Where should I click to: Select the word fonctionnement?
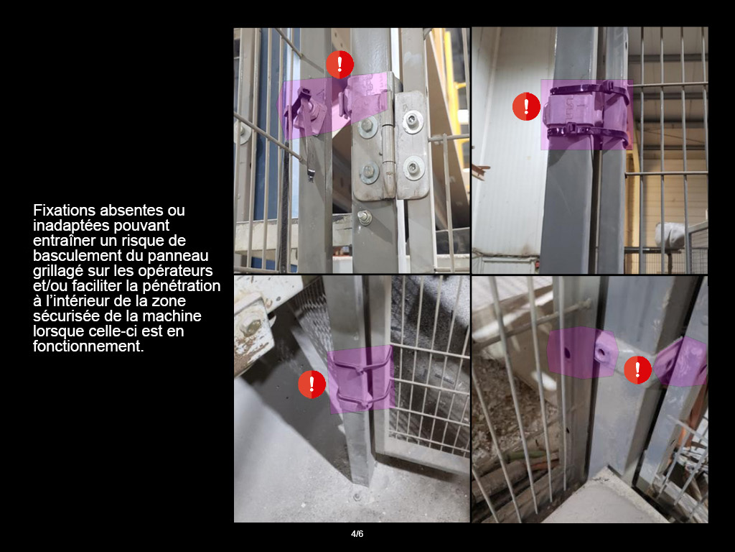pos(88,346)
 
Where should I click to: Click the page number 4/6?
pos(357,534)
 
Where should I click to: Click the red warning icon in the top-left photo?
pos(340,64)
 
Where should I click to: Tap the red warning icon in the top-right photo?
pos(526,106)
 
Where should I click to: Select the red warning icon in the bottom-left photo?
pos(312,384)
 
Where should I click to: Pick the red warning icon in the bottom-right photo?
pos(637,370)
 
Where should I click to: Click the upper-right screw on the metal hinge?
pos(412,121)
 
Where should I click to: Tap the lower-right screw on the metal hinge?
pos(413,168)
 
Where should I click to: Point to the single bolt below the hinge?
pos(364,217)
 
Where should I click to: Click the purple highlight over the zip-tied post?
pos(586,115)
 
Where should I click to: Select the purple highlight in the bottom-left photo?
pos(360,379)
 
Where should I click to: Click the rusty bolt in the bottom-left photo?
pos(250,328)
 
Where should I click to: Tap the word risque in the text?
pos(142,240)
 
